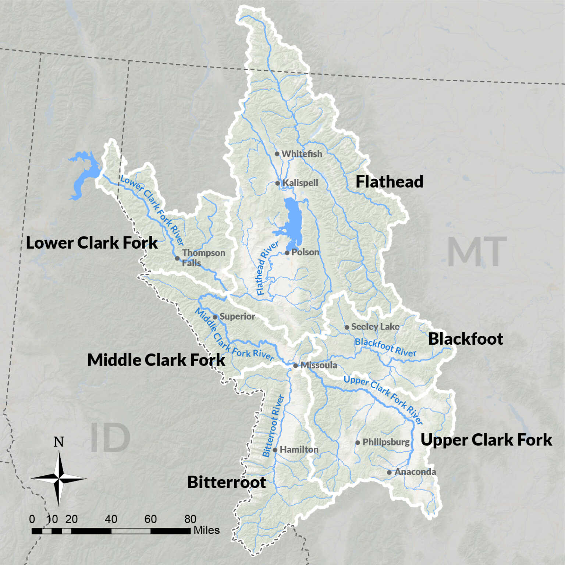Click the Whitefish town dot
tap(277, 154)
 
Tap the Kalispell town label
tap(300, 183)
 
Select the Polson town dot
tap(287, 253)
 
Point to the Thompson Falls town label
tap(203, 258)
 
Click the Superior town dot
tap(215, 317)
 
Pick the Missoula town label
tap(319, 365)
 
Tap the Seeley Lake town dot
tap(347, 327)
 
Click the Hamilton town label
tap(299, 449)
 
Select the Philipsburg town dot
tap(358, 443)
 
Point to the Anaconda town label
tap(415, 472)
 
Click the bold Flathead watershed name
tap(389, 182)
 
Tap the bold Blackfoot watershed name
tap(465, 339)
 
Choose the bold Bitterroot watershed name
tap(226, 482)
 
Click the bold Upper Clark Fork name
tap(486, 440)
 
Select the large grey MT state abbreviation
tap(477, 252)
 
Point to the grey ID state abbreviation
tap(110, 438)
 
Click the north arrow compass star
tap(58, 479)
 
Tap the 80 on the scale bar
tap(190, 519)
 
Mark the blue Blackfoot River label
tap(385, 347)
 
